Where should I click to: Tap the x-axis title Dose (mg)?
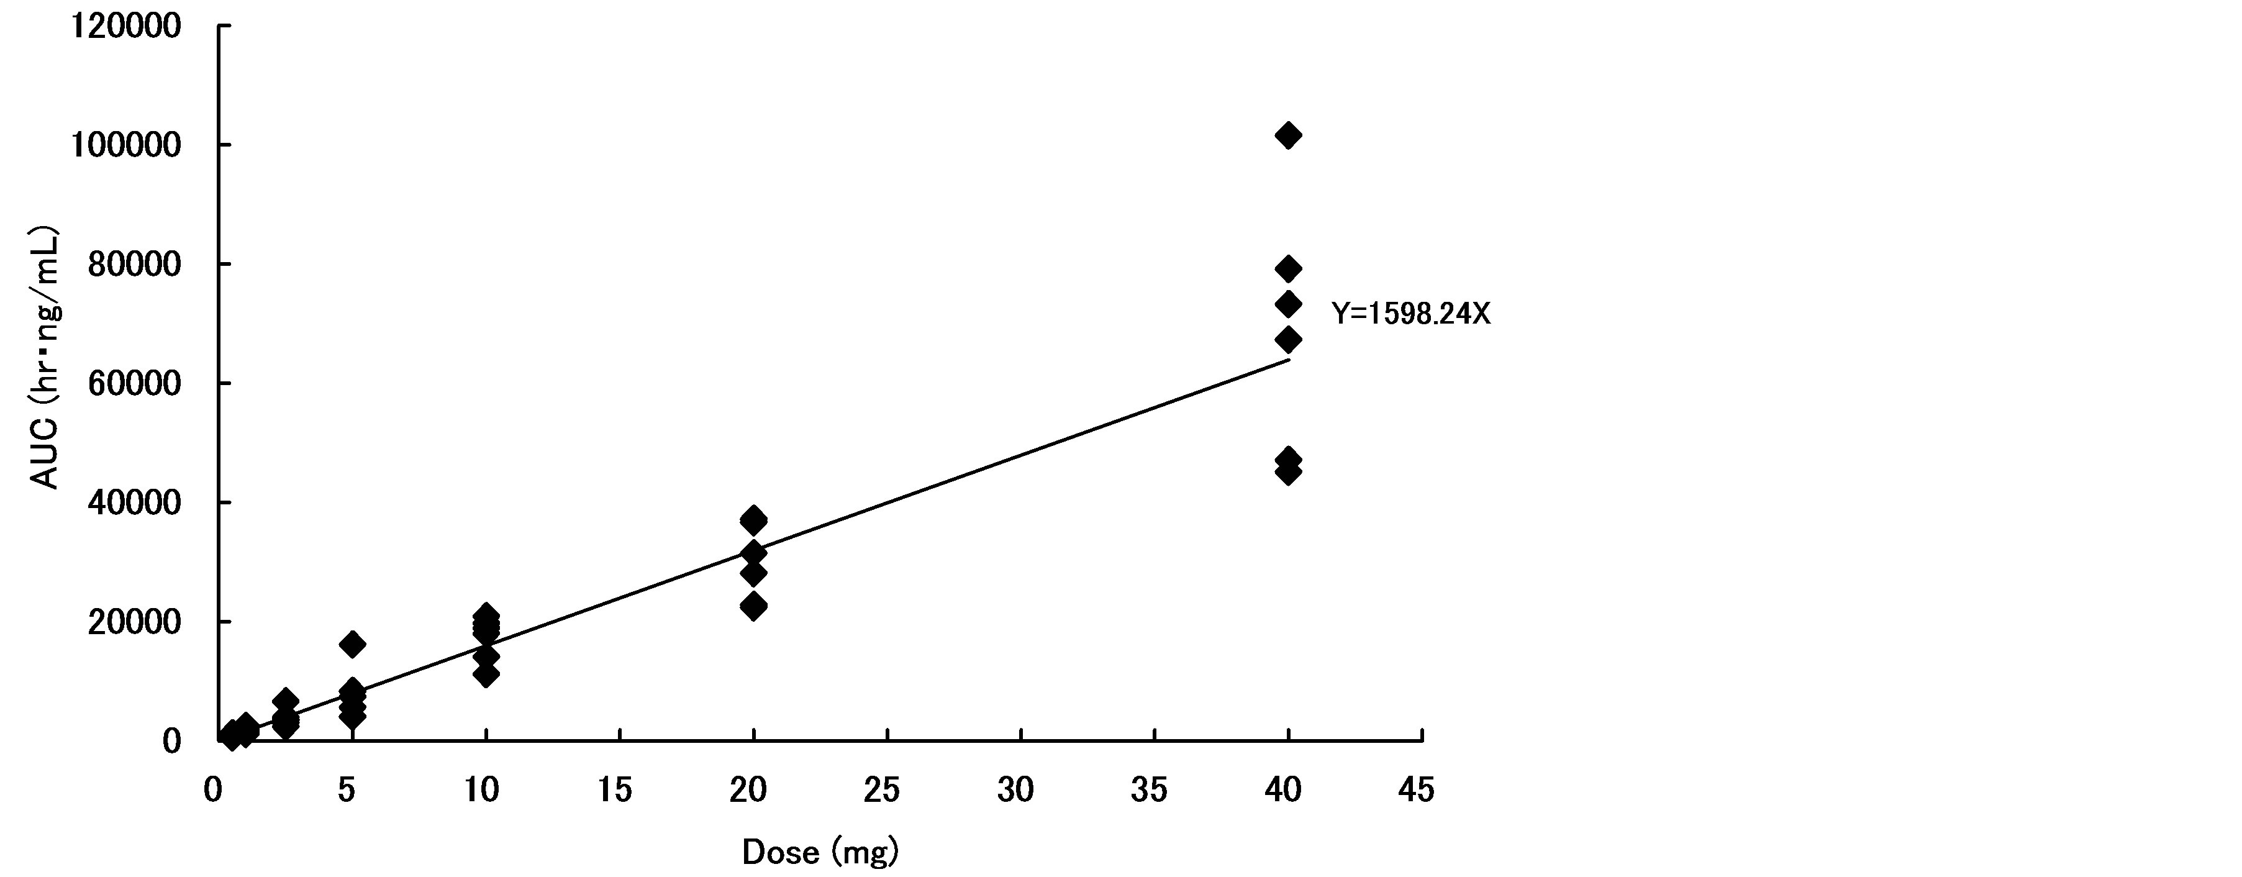819,852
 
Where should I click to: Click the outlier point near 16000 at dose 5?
352,644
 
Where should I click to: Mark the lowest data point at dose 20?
754,606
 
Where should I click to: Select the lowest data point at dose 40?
1288,473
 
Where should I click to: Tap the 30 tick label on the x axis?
1015,790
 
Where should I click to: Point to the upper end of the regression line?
1288,360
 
